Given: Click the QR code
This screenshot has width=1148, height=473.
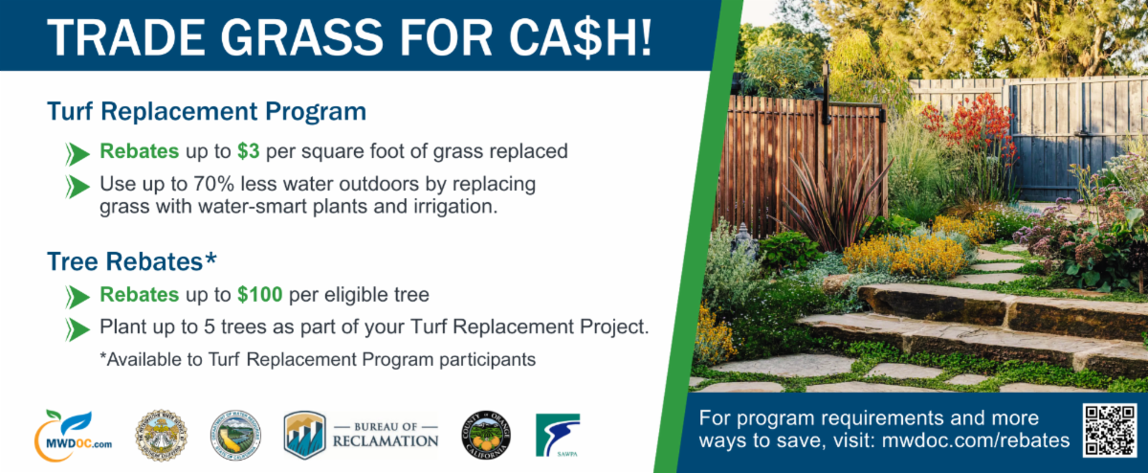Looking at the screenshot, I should coord(1109,430).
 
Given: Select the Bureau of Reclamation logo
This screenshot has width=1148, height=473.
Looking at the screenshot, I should coord(362,434).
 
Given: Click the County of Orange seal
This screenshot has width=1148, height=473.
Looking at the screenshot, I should coord(487,433).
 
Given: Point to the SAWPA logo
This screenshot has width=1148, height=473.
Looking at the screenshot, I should coord(557,434).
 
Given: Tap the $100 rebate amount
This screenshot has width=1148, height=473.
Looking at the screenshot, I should coord(260,294).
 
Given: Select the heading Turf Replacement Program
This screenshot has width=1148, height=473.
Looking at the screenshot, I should coord(207,111).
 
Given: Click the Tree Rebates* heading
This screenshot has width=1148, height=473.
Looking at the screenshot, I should coord(132,259).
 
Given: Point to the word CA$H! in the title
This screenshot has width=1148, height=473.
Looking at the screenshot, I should coord(564,36).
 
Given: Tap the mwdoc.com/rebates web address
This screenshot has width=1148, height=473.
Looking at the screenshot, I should coord(975,440).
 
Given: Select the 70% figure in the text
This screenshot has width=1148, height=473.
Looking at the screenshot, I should coord(202,183).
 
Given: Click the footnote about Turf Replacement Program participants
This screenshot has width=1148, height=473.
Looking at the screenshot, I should coord(317,359).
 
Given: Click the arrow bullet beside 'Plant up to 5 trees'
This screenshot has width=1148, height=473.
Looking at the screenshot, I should coord(77,328).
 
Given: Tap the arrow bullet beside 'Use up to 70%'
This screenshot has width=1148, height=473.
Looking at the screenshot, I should coord(77,184).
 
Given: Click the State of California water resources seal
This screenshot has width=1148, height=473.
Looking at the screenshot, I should coord(235,434).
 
